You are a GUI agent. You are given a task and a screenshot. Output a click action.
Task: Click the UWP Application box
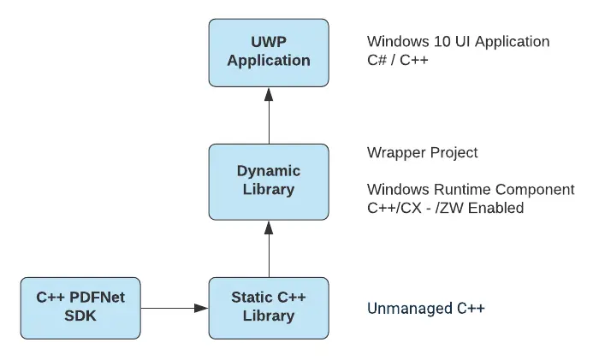coord(269,52)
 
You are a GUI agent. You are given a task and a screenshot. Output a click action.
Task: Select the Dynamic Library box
coord(269,180)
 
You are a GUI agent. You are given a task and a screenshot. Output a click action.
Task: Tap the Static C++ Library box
coord(269,307)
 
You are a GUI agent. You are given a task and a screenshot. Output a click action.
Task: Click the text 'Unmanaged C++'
coord(425,308)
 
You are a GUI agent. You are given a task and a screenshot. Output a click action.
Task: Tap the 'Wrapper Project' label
coord(422,153)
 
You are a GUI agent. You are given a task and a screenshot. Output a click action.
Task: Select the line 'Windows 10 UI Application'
coord(458,41)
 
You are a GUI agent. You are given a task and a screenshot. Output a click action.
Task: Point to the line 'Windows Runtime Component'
coord(470,189)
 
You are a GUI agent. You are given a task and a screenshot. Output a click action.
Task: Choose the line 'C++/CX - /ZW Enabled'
coord(444,208)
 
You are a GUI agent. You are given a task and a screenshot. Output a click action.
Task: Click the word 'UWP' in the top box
coord(269,42)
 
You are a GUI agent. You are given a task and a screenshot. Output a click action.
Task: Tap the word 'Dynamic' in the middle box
coord(269,170)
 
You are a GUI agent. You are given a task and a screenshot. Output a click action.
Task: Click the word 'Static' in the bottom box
coord(252,298)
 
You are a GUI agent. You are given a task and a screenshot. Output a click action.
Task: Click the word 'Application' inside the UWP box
coord(269,61)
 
